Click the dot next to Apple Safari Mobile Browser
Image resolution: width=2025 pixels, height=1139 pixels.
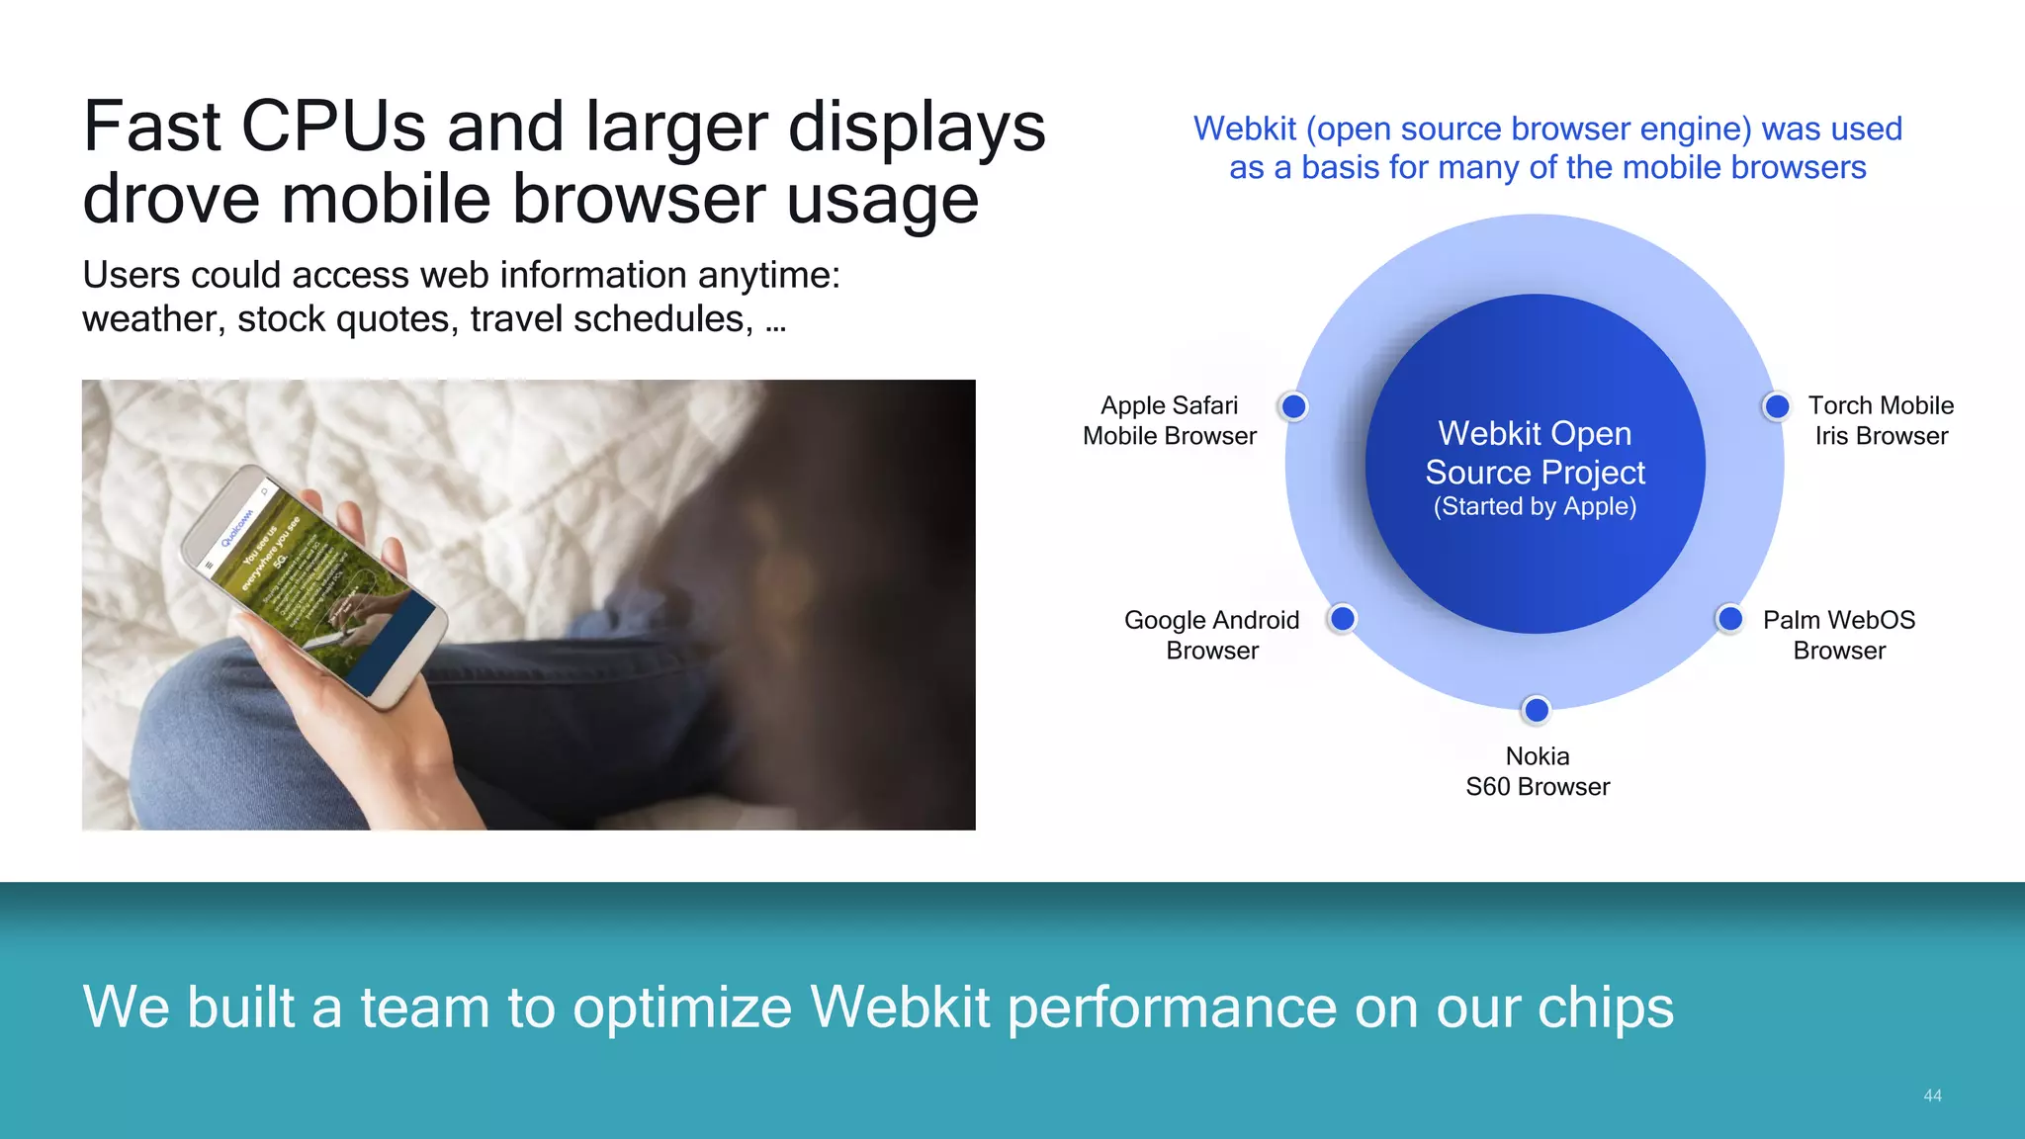[x=1293, y=406]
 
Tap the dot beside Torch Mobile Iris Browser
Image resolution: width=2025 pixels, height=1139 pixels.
[x=1777, y=406]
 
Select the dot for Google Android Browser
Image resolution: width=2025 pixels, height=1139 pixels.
[x=1342, y=619]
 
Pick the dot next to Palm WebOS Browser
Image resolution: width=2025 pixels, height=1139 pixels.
[x=1729, y=619]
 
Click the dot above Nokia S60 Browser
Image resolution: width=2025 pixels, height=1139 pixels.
[x=1537, y=710]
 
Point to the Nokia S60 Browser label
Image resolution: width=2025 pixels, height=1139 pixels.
[x=1538, y=771]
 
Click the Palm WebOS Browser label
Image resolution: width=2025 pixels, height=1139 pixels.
[x=1839, y=635]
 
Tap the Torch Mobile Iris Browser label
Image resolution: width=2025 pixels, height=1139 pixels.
[x=1881, y=420]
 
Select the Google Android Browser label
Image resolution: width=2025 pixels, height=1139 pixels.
[x=1212, y=635]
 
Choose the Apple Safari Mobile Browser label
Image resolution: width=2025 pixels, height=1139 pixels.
[x=1170, y=420]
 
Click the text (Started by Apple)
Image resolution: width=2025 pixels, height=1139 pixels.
[x=1536, y=506]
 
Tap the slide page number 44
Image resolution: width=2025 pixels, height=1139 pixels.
[x=1932, y=1095]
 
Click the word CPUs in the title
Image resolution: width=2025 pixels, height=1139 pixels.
[x=334, y=127]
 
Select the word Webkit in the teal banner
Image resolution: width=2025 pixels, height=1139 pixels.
[x=900, y=1008]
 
